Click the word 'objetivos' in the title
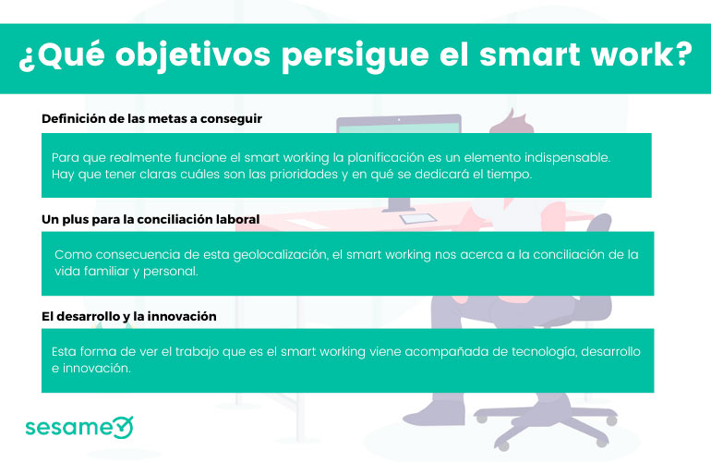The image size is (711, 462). pos(193,55)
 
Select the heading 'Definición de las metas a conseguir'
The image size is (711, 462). pos(152,119)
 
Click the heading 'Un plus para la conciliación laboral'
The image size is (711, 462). pos(151,219)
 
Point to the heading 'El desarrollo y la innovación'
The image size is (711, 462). pos(128,316)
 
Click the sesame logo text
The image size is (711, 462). pos(68,427)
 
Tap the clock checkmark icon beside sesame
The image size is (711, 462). pos(123,427)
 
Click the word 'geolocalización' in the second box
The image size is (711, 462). pos(280,255)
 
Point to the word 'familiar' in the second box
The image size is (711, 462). pos(106,272)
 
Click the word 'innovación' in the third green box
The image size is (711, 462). pos(97,368)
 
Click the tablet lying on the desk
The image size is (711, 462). pos(418,219)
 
